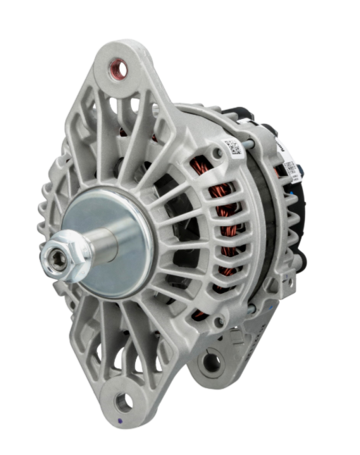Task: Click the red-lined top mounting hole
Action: point(120,69)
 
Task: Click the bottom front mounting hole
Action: point(123,401)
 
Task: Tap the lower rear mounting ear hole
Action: point(210,363)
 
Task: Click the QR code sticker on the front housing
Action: point(232,148)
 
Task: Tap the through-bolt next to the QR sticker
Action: point(246,147)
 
